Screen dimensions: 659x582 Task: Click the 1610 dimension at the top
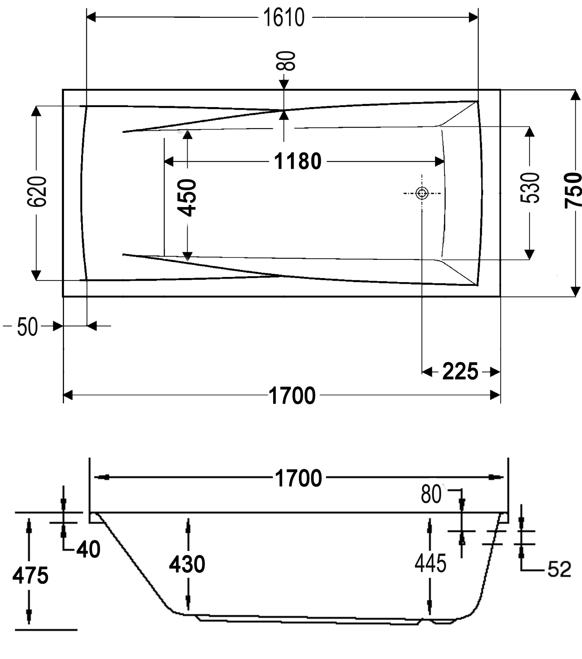coord(284,18)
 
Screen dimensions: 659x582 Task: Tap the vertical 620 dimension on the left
coord(37,192)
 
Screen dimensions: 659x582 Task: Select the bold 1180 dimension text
coord(298,161)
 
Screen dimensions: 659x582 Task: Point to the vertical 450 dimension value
coord(188,198)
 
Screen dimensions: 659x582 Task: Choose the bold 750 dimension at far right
coord(573,190)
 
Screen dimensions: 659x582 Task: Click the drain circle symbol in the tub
coord(422,193)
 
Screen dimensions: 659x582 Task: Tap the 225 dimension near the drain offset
coord(460,371)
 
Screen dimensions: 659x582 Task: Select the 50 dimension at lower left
coord(27,327)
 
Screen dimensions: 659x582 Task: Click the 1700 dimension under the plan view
coord(292,396)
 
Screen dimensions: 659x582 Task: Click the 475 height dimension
coord(30,576)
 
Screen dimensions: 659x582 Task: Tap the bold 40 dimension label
coord(88,550)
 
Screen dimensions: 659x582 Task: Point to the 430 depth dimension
coord(187,564)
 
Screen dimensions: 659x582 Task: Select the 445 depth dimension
coord(430,563)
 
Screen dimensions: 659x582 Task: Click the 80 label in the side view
coord(431,495)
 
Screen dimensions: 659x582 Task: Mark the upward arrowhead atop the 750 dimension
coord(574,95)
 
